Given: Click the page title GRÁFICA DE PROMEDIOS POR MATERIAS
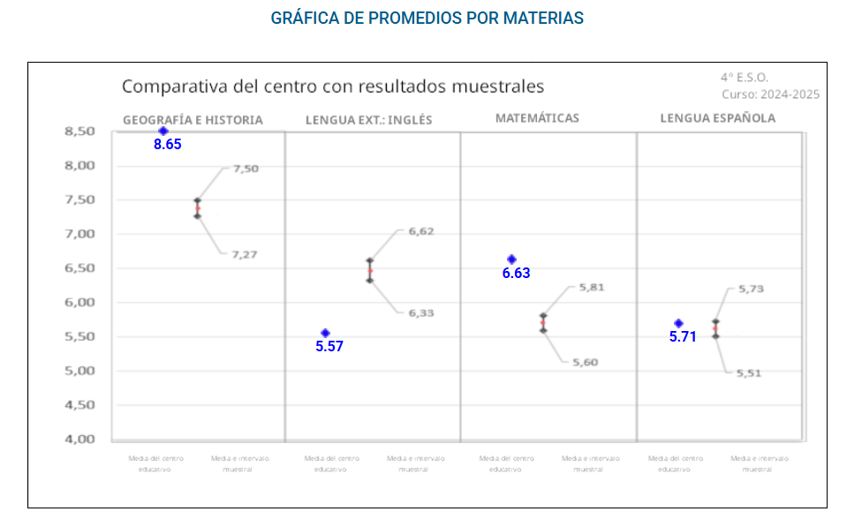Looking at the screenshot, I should point(427,18).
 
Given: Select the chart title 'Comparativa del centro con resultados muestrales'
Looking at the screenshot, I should point(332,86).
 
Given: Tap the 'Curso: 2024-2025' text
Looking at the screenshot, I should point(770,94).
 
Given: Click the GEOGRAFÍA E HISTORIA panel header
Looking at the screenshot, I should point(193,120).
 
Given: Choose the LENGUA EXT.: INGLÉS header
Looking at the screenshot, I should point(368,120).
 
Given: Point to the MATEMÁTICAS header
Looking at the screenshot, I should point(537,117).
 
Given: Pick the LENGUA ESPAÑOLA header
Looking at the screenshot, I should point(718,117).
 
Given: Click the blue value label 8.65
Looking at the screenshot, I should point(167,144).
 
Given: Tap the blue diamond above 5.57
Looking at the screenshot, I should point(325,333).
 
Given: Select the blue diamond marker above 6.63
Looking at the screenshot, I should point(511,259).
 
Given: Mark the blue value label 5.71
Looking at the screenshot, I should point(683,336).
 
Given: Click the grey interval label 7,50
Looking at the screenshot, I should point(246,169).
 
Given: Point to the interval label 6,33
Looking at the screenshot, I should point(420,312).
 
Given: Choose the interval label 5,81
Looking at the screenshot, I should point(591,287).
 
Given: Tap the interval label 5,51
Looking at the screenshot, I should point(749,373).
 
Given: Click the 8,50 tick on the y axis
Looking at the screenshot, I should point(79,132).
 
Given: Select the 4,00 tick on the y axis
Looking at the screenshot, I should point(79,440).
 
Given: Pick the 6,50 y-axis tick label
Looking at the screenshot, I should point(79,268).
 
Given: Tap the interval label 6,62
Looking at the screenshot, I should point(420,231).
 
